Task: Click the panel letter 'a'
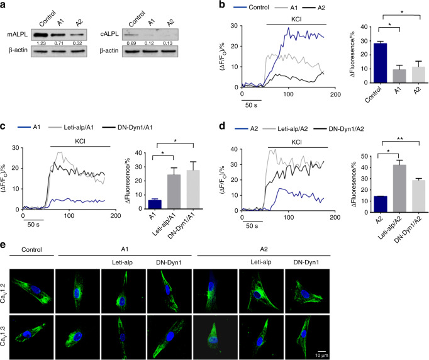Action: [4, 6]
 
